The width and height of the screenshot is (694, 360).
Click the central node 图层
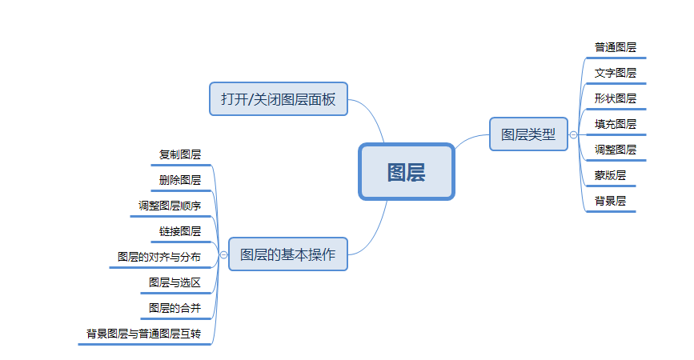click(x=406, y=172)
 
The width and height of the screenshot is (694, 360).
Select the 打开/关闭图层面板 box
click(x=278, y=99)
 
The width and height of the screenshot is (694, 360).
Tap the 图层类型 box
click(x=528, y=134)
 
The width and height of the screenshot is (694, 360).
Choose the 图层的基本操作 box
click(x=287, y=254)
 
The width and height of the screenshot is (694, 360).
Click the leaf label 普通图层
click(x=615, y=47)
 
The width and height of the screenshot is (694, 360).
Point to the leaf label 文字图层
click(x=615, y=73)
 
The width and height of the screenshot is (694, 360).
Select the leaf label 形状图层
click(x=615, y=98)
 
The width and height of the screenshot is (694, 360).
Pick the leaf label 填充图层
click(x=615, y=124)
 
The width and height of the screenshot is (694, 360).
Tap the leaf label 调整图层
click(x=615, y=150)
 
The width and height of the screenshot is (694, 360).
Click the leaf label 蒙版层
click(x=610, y=175)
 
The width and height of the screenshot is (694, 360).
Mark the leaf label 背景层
click(x=610, y=201)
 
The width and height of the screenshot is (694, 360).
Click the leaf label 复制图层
click(x=180, y=154)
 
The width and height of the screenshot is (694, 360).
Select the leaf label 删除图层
click(x=180, y=180)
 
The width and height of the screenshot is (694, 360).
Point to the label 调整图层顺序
click(x=170, y=206)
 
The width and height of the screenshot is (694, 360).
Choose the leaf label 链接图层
click(x=180, y=231)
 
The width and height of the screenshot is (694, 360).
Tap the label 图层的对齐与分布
click(x=159, y=257)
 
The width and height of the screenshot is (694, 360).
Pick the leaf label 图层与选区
click(x=175, y=282)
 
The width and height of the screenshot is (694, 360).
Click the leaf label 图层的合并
click(x=175, y=308)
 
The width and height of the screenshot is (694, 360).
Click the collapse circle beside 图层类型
click(x=573, y=134)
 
